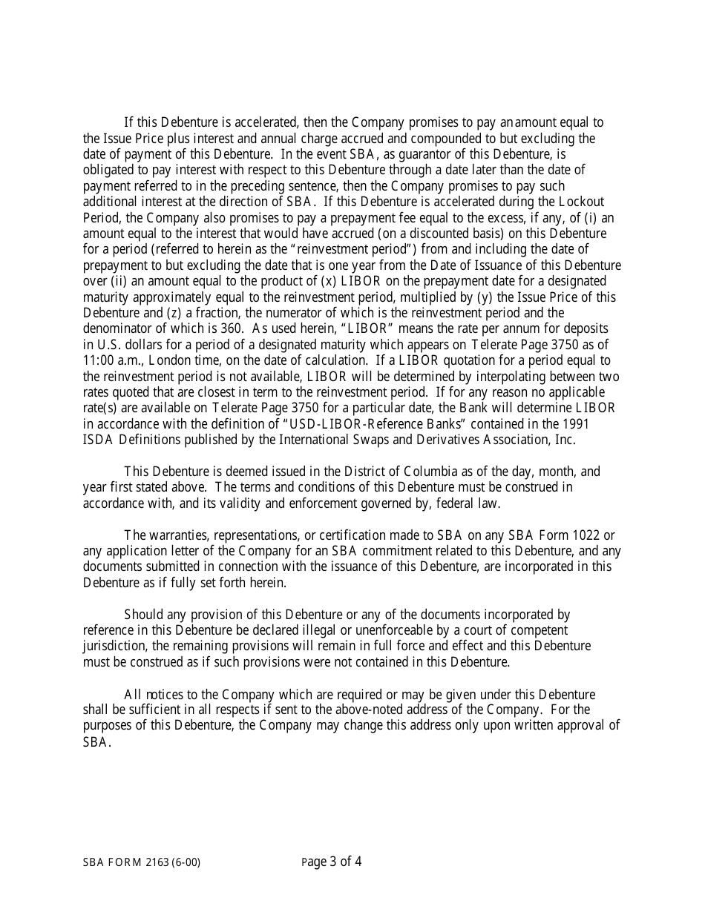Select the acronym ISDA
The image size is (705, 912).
click(98, 440)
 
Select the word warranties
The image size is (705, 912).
click(179, 535)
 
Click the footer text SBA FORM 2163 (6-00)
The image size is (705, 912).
click(141, 863)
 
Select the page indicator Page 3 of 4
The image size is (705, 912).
click(332, 862)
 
